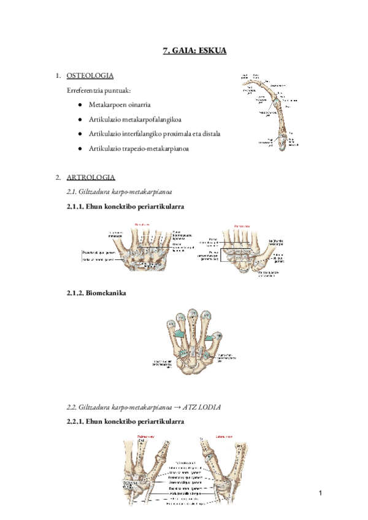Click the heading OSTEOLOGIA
[90, 75]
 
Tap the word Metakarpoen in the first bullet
[107, 105]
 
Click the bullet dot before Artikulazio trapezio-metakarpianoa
[80, 149]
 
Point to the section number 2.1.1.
[75, 207]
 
